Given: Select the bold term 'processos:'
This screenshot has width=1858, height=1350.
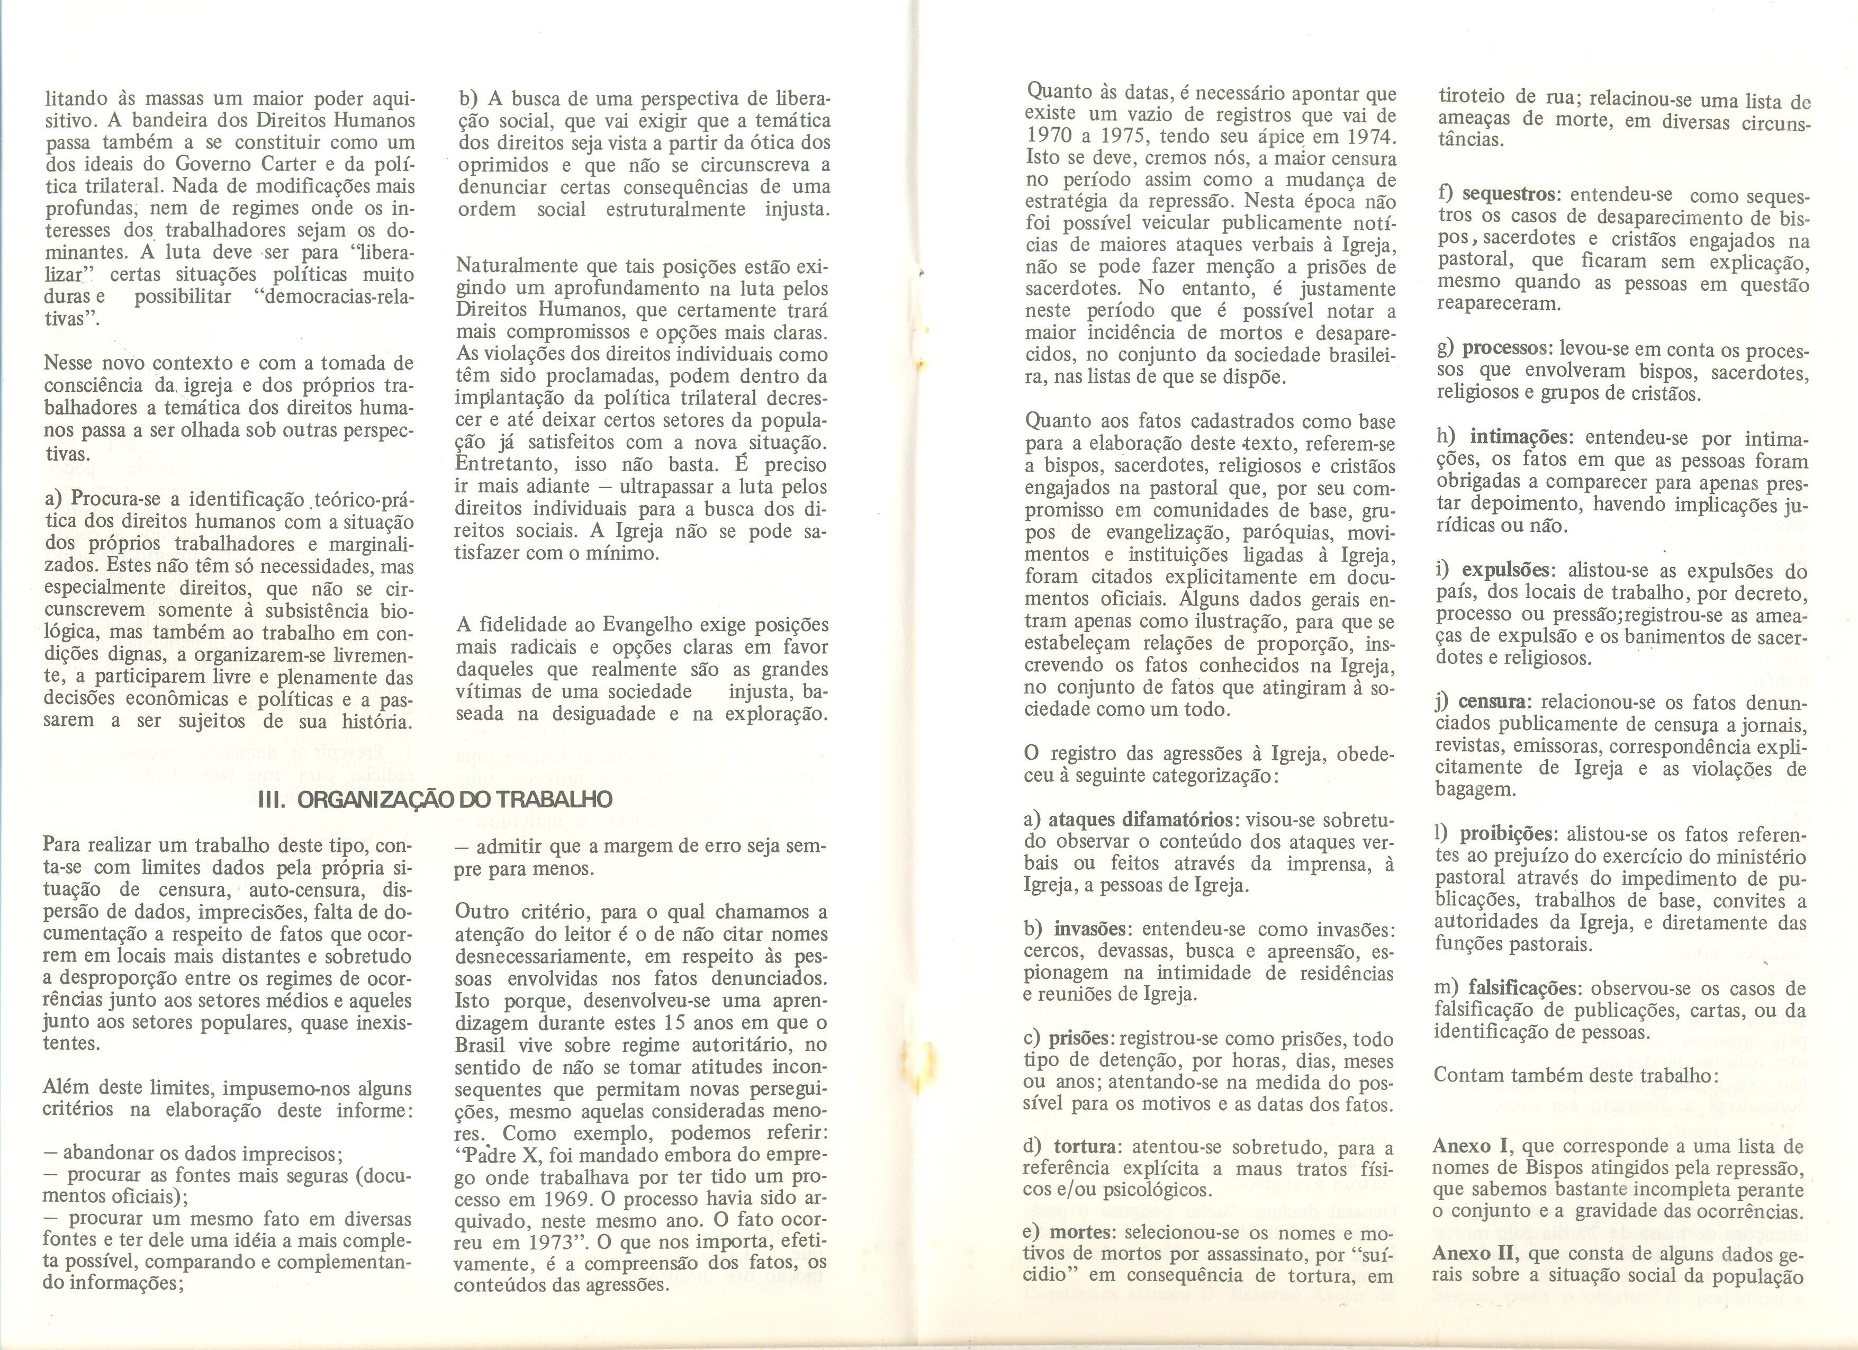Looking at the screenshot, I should tap(1508, 349).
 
